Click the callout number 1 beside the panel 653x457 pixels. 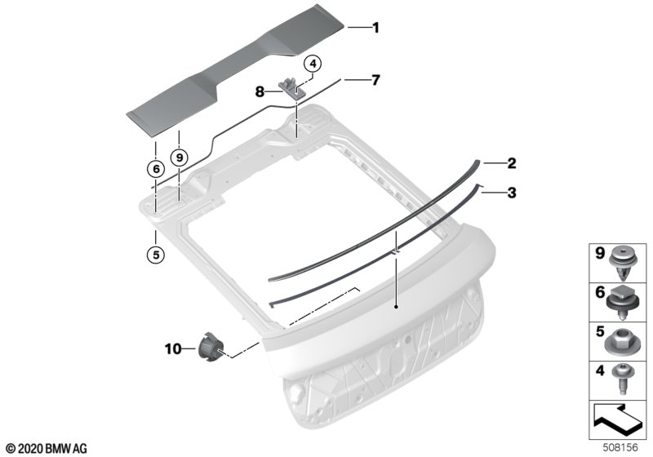pos(375,28)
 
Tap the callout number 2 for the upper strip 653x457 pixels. pos(512,163)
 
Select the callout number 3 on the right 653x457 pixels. pos(512,193)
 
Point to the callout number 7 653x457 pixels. pos(375,79)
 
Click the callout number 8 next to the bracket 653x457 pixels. pos(260,91)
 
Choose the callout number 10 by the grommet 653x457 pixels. pos(173,348)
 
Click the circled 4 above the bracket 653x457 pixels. pos(313,64)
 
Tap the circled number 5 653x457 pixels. pos(156,255)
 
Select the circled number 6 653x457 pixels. pos(156,169)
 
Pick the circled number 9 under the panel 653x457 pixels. pos(180,158)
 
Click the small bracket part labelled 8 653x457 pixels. pos(292,87)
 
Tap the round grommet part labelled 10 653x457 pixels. pos(211,346)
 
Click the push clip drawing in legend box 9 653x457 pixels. pos(623,264)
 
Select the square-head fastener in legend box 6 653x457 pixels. pos(623,303)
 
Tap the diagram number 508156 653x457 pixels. pos(620,448)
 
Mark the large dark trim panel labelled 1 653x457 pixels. pos(236,71)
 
